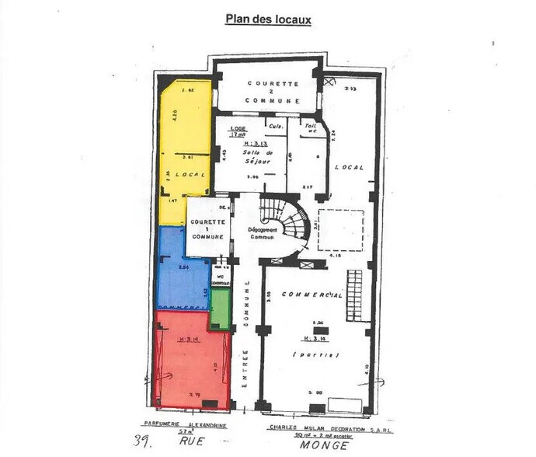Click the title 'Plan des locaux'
coord(267,19)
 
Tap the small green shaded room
coord(221,309)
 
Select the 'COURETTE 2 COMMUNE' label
coord(269,91)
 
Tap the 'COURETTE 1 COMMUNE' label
coord(207,228)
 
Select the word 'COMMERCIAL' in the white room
coord(315,295)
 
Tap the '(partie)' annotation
coord(315,354)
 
